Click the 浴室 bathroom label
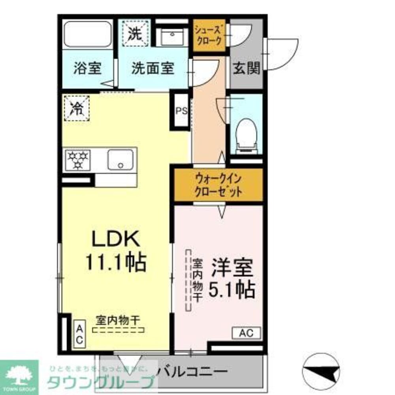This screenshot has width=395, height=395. coord(87,69)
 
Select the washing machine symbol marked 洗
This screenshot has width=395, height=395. coord(135,34)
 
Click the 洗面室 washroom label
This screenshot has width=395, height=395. coord(152,69)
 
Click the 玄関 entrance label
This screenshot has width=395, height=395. coord(246,69)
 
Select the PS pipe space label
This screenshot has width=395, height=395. coord(181,111)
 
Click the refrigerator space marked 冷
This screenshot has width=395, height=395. coord(76,108)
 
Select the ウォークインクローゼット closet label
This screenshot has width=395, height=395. coord(218,186)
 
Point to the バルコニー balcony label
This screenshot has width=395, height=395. coord(192,372)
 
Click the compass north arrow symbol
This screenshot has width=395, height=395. coord(321,372)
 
